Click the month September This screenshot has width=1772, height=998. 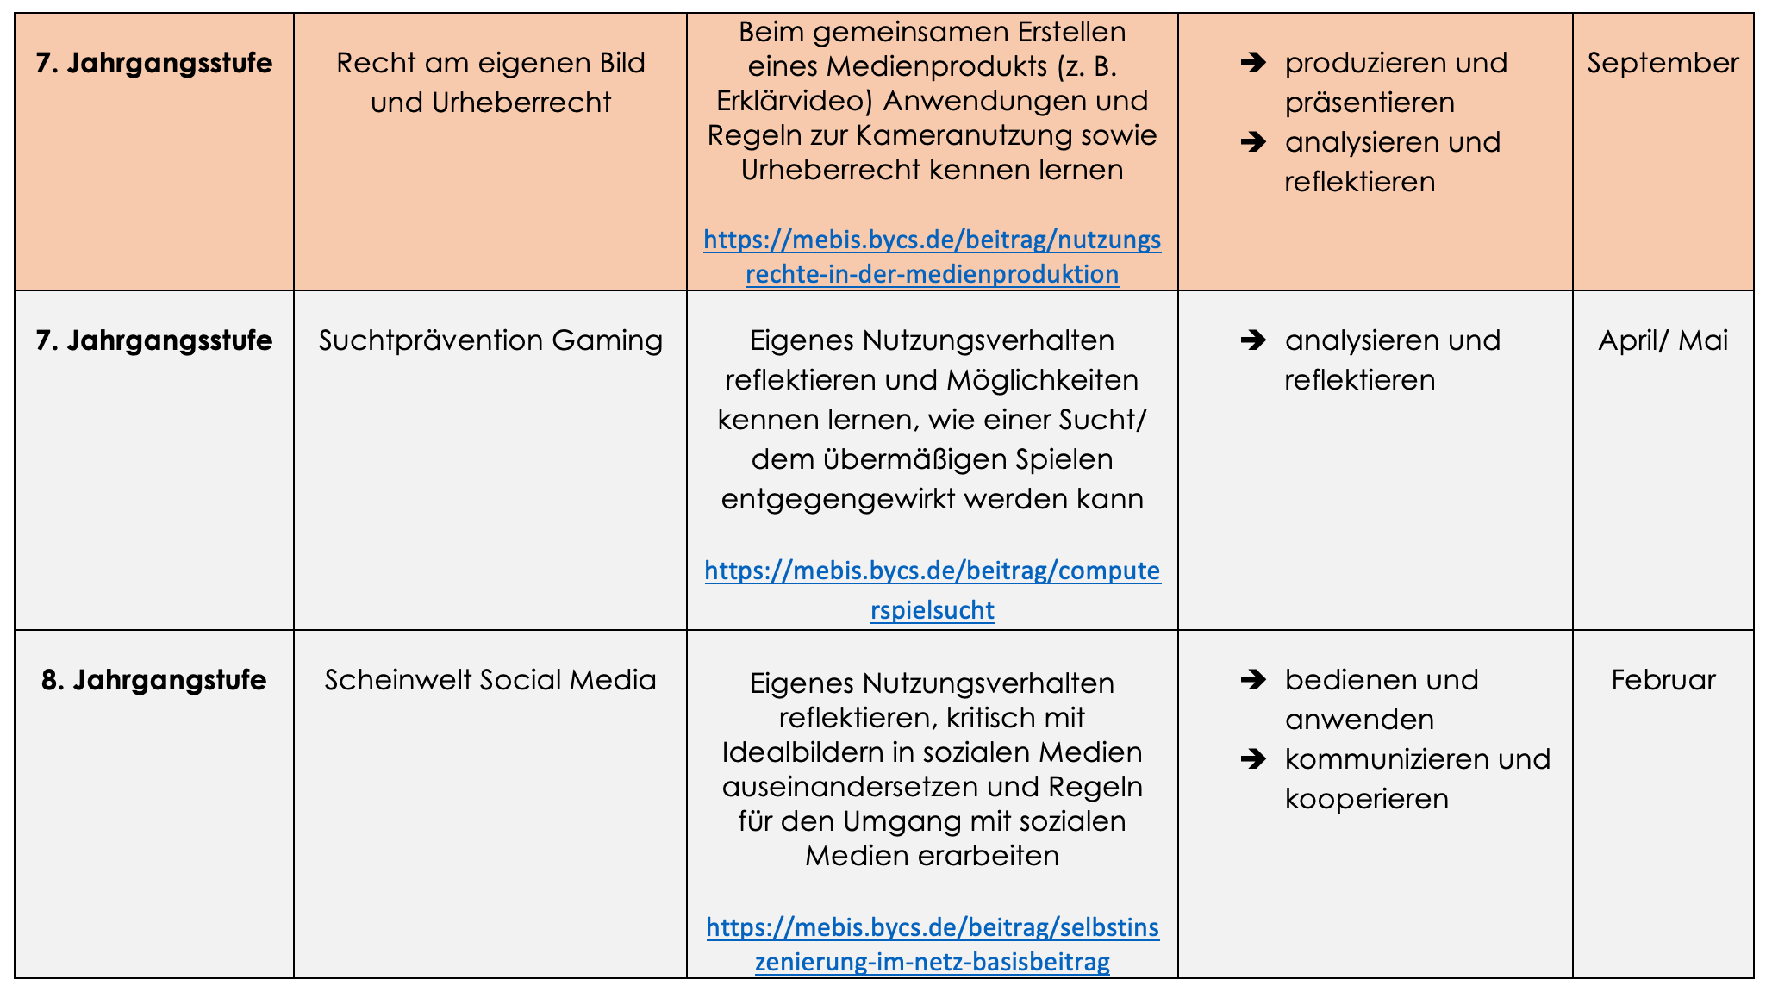click(1663, 63)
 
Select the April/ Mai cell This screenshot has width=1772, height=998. click(1663, 340)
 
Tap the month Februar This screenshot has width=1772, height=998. click(1663, 680)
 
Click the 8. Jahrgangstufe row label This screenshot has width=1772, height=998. click(154, 680)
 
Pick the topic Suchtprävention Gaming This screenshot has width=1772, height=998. click(490, 340)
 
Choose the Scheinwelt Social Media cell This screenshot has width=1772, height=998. click(490, 680)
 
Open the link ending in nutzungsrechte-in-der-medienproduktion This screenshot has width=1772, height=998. click(932, 257)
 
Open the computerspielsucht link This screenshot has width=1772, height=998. click(932, 590)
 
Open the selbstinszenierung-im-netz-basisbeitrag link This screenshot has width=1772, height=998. click(932, 945)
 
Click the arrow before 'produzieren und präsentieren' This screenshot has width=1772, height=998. click(1253, 63)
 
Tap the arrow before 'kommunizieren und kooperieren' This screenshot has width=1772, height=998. click(1253, 759)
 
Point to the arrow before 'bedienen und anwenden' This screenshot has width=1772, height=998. click(1253, 680)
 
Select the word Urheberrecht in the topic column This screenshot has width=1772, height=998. click(521, 103)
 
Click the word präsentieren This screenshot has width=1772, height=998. click(1370, 103)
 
